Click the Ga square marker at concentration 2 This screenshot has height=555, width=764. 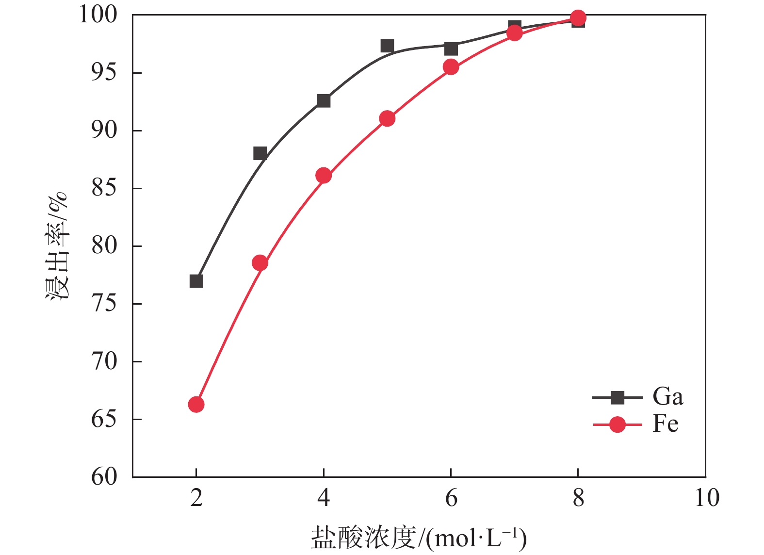(x=196, y=281)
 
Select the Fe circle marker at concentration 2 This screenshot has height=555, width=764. (x=196, y=404)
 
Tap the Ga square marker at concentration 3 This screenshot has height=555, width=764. (x=260, y=153)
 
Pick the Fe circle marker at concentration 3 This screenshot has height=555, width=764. (x=260, y=263)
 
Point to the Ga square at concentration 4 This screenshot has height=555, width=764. (x=324, y=100)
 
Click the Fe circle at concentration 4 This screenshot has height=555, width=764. (x=324, y=175)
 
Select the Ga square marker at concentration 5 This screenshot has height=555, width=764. (x=387, y=46)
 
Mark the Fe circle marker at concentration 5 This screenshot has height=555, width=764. (x=387, y=118)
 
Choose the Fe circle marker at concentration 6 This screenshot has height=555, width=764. (x=451, y=66)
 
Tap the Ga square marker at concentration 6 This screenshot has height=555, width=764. (x=451, y=49)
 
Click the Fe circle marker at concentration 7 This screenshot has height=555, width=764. (x=515, y=33)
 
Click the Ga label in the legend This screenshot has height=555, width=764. (x=667, y=397)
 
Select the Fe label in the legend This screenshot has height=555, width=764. (x=665, y=424)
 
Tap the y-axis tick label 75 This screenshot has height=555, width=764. (x=104, y=304)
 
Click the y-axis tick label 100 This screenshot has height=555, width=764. (x=98, y=15)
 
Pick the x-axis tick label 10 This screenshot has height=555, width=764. (x=706, y=498)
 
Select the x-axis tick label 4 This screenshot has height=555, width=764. (x=324, y=498)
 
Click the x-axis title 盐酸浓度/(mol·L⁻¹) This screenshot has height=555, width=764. (x=419, y=538)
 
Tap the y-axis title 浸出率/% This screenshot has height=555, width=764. (x=57, y=246)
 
